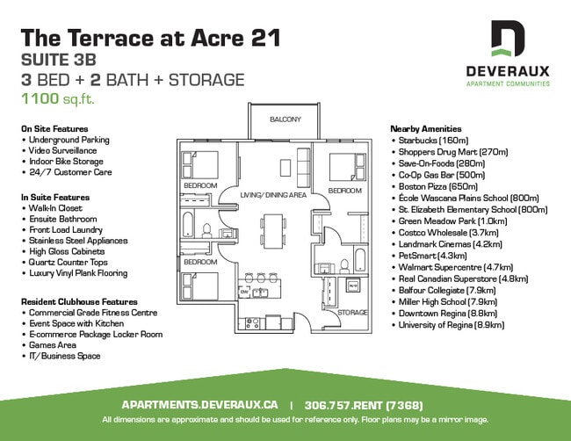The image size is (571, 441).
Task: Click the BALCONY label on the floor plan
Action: pyautogui.click(x=285, y=119)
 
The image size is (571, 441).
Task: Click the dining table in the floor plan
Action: pyautogui.click(x=274, y=230)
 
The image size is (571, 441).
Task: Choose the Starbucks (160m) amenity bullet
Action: pyautogui.click(x=436, y=140)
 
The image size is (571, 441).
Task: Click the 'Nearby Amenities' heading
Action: pyautogui.click(x=425, y=128)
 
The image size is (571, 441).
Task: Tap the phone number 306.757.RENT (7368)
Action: pyautogui.click(x=364, y=405)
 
